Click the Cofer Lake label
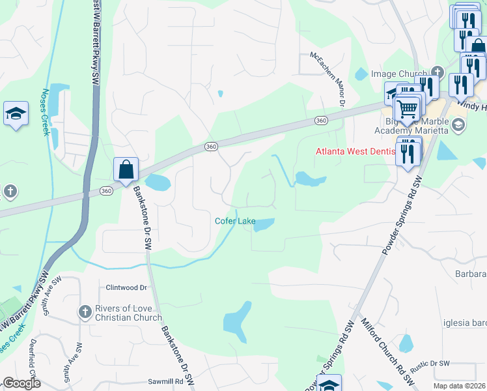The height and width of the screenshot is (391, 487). tap(235, 221)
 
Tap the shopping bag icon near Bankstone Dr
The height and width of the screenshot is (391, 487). tap(126, 169)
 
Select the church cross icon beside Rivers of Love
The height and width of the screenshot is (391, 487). tap(85, 312)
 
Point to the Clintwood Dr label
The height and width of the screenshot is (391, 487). tap(126, 287)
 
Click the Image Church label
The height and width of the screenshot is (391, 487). tap(397, 74)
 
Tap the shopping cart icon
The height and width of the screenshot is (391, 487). tap(408, 108)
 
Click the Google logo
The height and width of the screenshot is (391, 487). tap(22, 383)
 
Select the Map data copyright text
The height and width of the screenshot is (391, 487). tap(460, 386)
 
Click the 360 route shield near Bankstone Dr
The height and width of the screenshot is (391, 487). tap(106, 190)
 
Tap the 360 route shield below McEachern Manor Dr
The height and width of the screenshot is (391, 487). tap(320, 121)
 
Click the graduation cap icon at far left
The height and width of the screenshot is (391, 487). tap(16, 114)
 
